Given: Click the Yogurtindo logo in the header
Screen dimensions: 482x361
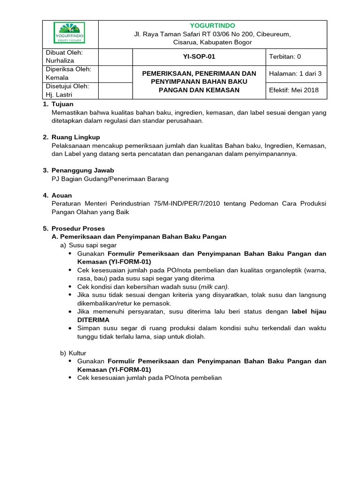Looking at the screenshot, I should coord(70,33).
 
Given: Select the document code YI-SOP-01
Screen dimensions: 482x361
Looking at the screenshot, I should coord(199,56).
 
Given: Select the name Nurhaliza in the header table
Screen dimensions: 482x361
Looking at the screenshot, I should coord(60,61).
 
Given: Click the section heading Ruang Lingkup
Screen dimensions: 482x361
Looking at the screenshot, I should coord(75,137).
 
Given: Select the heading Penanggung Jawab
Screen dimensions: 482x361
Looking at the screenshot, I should coord(82,170).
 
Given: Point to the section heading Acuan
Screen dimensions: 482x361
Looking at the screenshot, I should coord(62,195).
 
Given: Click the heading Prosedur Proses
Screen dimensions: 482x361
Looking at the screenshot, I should coord(78,228).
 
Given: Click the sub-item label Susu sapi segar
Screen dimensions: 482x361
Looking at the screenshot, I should coord(93,245).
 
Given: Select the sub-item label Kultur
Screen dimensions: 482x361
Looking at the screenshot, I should coord(78,353).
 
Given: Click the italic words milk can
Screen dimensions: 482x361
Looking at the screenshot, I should coord(213,287).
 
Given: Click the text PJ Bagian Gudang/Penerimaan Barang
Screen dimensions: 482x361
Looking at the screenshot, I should coord(110,178).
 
